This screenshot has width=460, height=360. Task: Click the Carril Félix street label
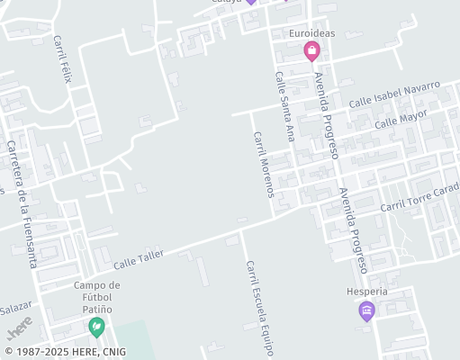point(61,59)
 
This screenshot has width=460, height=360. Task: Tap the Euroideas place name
point(311,34)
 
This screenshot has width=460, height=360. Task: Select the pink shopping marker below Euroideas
point(311,50)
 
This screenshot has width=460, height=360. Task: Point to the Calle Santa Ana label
point(285,106)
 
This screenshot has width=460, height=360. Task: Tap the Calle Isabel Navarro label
point(394,94)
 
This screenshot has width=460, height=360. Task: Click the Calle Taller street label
point(139,259)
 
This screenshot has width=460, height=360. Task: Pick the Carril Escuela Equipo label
point(257,308)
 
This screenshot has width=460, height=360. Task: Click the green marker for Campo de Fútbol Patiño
point(96,326)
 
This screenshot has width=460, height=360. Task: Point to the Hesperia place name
point(366,292)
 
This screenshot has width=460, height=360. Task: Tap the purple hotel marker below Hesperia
point(366,311)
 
